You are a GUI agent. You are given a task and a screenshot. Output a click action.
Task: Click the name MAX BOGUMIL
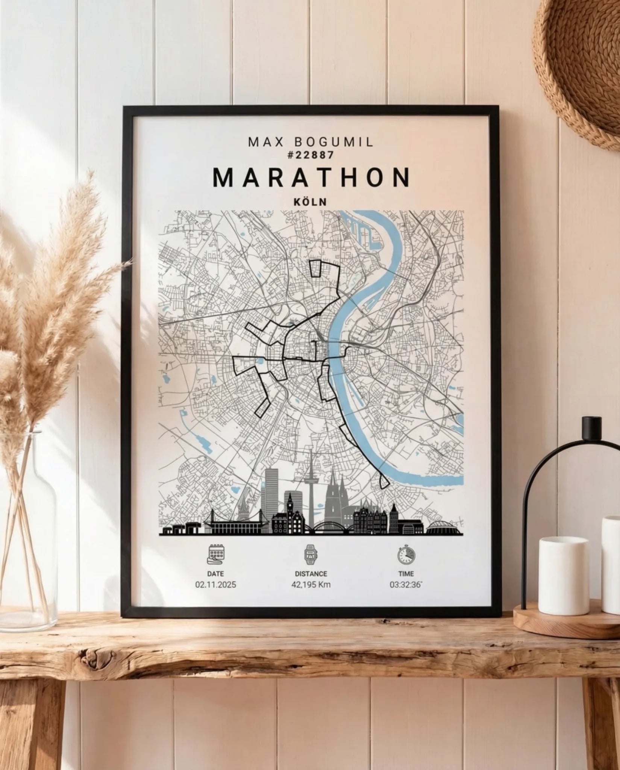pos(311,142)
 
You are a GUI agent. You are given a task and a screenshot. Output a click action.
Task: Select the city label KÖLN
pos(310,202)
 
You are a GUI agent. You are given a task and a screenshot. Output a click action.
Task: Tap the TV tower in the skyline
pos(311,477)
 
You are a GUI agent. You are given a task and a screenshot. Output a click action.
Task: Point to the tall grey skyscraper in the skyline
pos(271,489)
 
